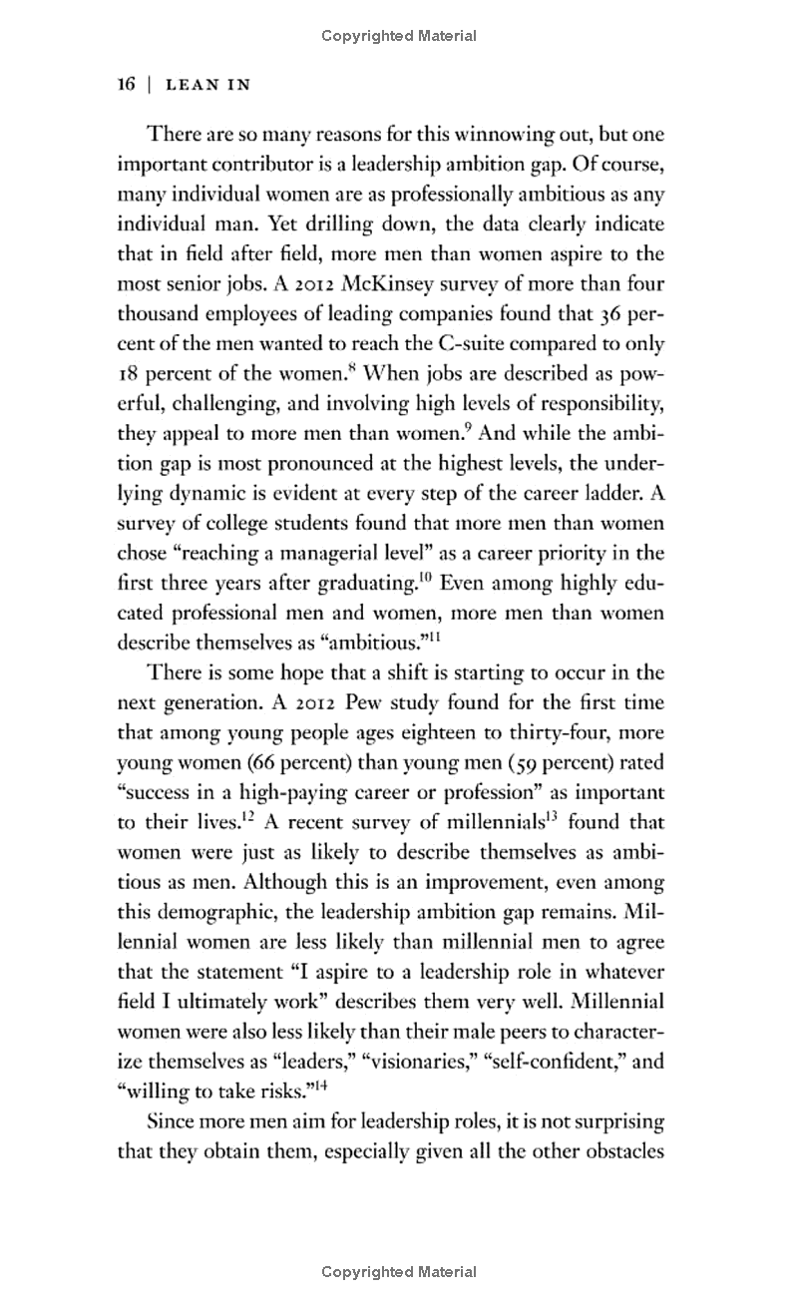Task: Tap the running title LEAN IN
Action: point(206,86)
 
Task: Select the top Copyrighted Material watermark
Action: point(399,37)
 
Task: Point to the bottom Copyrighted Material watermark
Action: point(399,1272)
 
